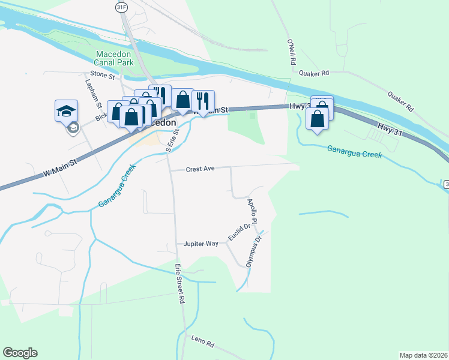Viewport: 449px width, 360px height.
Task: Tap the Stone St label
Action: pos(102,75)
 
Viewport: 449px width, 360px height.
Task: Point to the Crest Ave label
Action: pos(200,169)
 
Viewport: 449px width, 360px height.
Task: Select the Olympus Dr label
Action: pos(254,251)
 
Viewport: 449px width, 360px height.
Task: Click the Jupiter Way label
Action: pos(201,244)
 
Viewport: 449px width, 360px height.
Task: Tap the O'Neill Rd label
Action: pos(292,52)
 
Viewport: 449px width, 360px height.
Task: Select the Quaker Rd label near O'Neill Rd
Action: pos(317,73)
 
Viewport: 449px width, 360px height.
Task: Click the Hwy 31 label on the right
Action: pos(390,128)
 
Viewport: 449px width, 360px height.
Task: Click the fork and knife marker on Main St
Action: pos(203,100)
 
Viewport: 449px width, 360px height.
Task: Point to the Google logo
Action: pos(20,353)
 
